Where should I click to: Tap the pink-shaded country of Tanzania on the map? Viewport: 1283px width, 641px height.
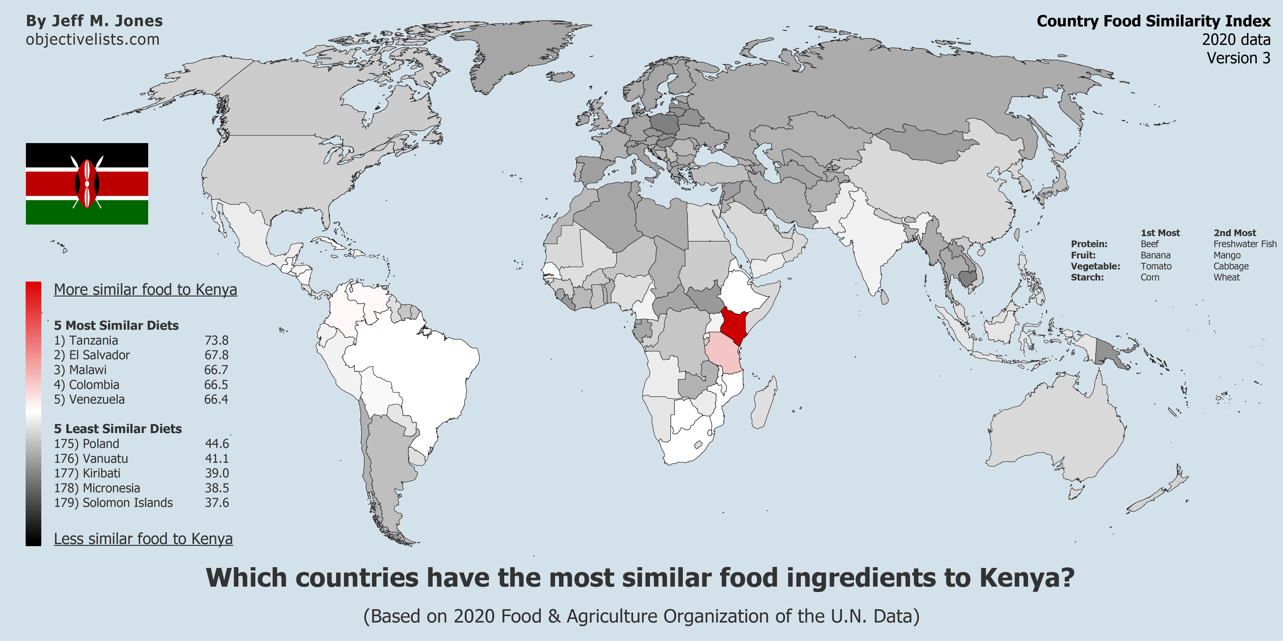pos(723,353)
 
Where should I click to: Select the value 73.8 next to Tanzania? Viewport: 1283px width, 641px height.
pos(216,340)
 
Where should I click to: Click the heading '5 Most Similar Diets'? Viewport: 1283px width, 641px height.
pos(116,325)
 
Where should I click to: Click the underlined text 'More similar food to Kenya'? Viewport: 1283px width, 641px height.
pos(145,290)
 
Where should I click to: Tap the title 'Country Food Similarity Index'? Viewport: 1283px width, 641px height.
pos(1153,21)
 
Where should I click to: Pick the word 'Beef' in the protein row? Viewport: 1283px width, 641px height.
pos(1150,244)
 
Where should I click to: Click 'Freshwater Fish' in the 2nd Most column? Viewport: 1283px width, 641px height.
pos(1245,244)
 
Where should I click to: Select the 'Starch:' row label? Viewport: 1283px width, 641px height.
pos(1087,277)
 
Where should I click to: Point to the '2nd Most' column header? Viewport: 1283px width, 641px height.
pos(1235,233)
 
